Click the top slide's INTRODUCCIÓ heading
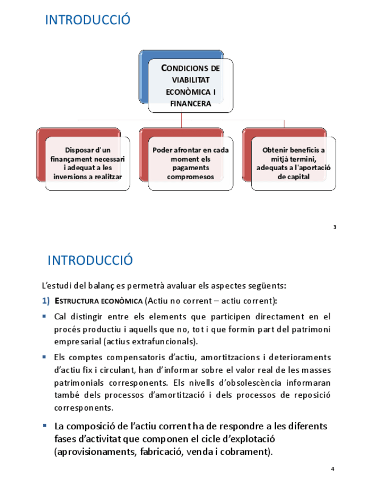(x=87, y=20)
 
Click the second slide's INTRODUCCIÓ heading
(x=90, y=260)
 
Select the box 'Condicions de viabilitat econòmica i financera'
(x=190, y=85)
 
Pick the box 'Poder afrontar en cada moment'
(x=190, y=163)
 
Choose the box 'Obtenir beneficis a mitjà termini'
(x=293, y=163)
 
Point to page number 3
(x=335, y=227)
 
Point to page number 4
(x=333, y=469)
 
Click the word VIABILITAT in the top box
(x=191, y=80)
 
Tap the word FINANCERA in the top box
(x=191, y=103)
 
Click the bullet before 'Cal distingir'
(x=45, y=315)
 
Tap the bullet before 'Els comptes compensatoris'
(x=45, y=357)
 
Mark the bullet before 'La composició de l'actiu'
(x=45, y=425)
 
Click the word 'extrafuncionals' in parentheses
(x=168, y=341)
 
